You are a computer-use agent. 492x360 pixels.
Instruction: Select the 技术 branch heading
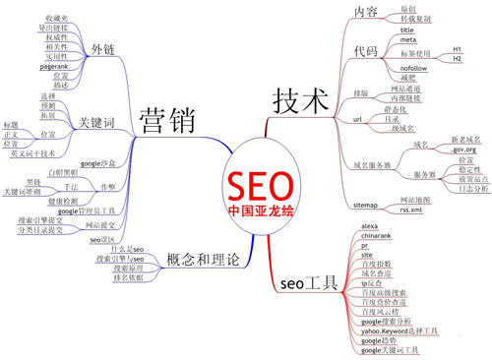296,97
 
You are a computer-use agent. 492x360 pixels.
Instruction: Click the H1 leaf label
457,48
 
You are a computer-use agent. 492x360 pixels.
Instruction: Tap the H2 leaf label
457,59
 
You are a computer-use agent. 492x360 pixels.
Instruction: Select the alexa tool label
370,227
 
